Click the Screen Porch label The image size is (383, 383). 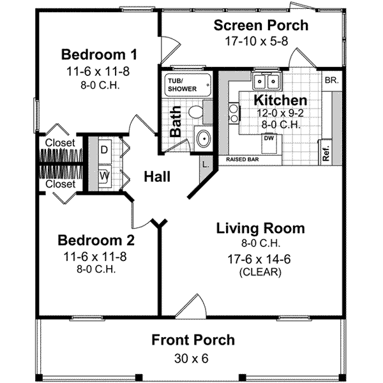tap(260, 26)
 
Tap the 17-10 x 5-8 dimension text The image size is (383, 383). tap(260, 41)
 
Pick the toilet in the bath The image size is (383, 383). tap(198, 112)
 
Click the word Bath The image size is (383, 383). tap(177, 121)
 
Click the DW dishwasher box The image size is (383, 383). tap(269, 138)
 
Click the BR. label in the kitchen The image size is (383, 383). tap(331, 80)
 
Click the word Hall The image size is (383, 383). tap(156, 177)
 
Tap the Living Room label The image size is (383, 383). tap(260, 229)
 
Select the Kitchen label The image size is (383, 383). tap(280, 101)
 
